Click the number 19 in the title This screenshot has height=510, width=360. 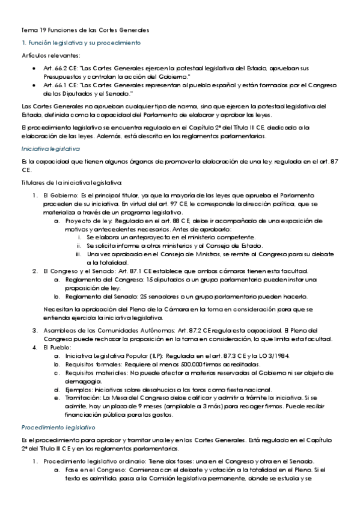coord(43,29)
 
